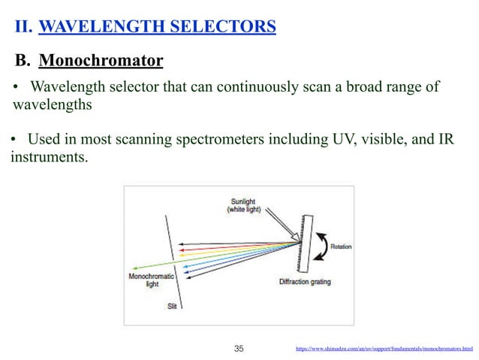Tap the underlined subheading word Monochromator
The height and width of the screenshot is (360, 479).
(101, 59)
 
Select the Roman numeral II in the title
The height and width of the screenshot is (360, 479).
(23, 28)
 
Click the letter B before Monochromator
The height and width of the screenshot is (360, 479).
(23, 59)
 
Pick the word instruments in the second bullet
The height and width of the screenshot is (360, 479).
(46, 158)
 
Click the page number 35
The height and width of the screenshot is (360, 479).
(239, 349)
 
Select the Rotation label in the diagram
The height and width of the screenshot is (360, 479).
(344, 246)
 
